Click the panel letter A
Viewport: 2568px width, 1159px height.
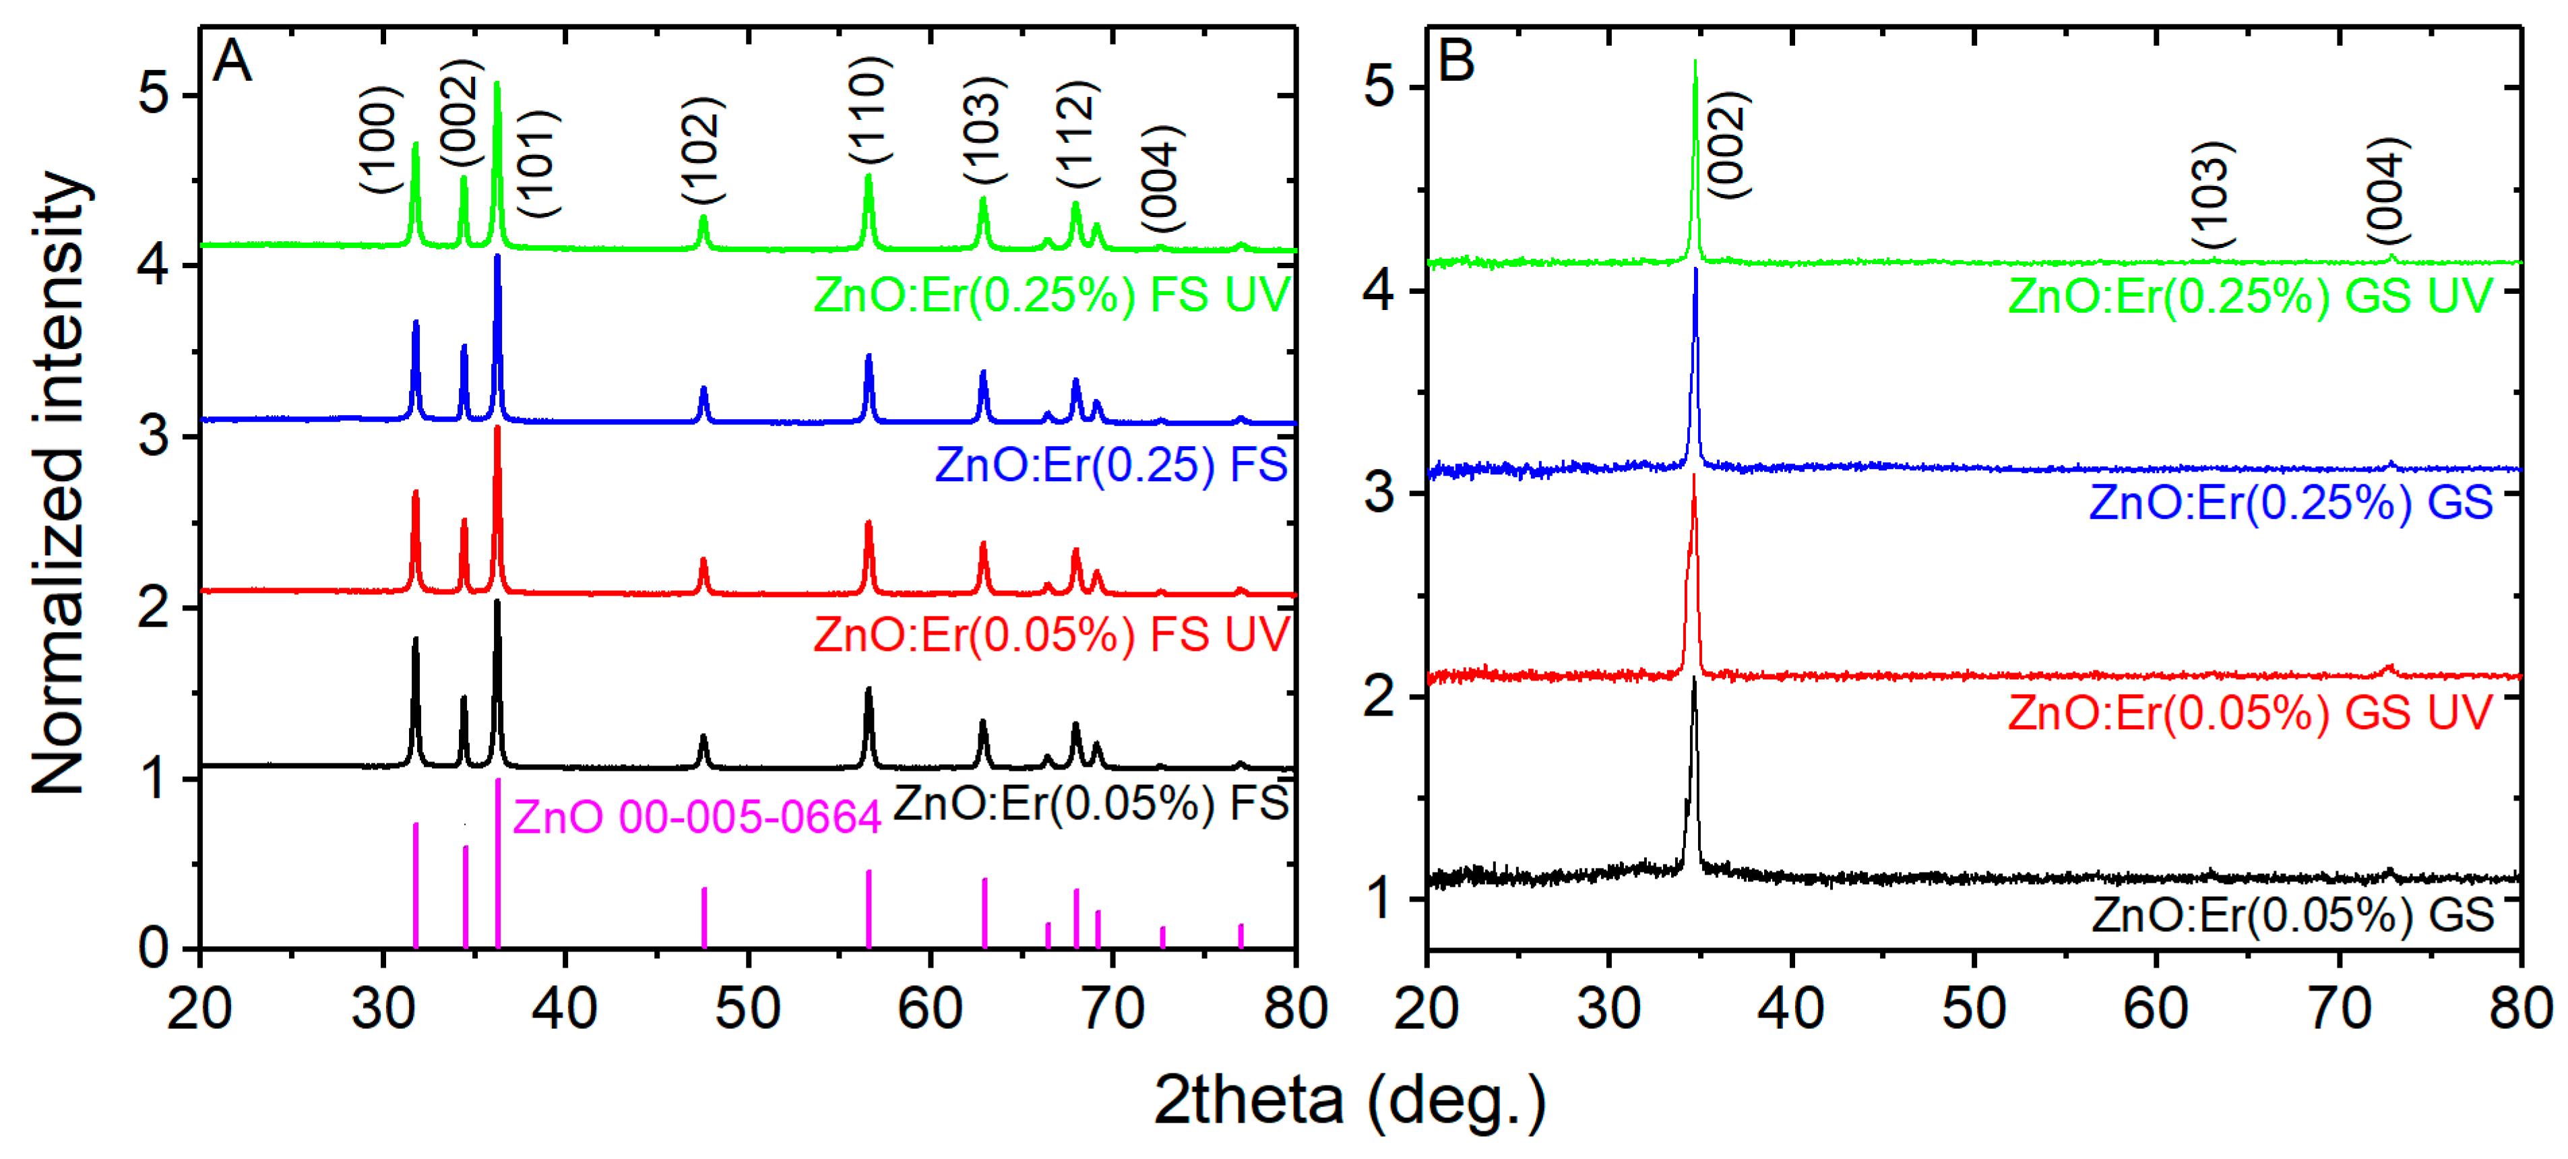click(x=232, y=62)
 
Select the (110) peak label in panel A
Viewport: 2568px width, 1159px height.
click(x=869, y=110)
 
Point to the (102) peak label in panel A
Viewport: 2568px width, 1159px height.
click(x=703, y=150)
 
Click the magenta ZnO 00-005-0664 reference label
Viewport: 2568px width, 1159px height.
click(x=696, y=817)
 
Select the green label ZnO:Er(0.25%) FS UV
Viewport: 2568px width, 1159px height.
click(x=1052, y=295)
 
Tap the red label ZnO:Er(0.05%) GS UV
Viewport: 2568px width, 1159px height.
click(x=2249, y=712)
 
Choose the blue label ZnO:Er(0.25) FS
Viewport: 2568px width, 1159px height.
click(x=1110, y=464)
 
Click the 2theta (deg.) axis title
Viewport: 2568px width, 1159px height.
click(x=1349, y=1100)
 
